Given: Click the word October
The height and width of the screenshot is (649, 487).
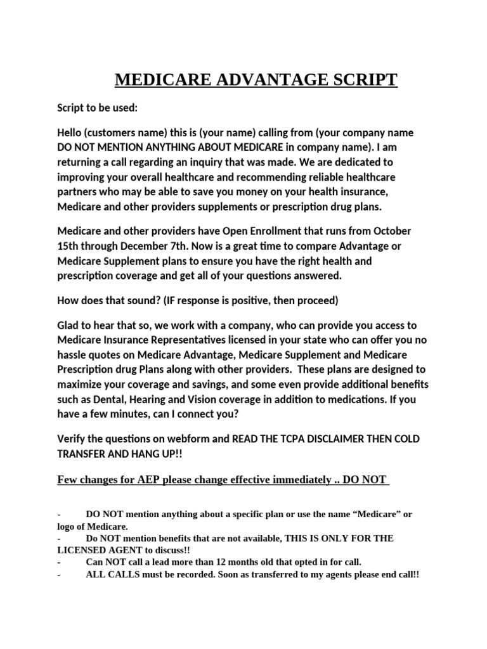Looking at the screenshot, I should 392,230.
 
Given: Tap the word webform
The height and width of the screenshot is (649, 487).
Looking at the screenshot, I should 185,439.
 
